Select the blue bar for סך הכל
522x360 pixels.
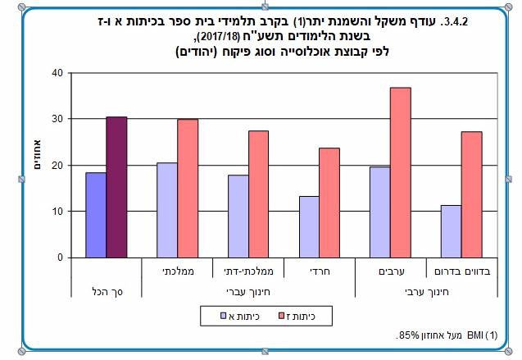pyautogui.click(x=95, y=215)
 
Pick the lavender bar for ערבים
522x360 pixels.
pyautogui.click(x=379, y=212)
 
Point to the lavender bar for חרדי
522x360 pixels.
pyautogui.click(x=308, y=226)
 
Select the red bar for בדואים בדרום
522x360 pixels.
pyautogui.click(x=471, y=194)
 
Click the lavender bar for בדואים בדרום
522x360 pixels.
pyautogui.click(x=451, y=231)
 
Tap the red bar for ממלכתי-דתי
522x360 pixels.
pyautogui.click(x=259, y=194)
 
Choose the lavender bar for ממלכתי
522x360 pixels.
pyautogui.click(x=166, y=210)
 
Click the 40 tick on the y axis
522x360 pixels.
pyautogui.click(x=57, y=72)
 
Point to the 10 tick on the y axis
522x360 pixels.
pyautogui.click(x=57, y=212)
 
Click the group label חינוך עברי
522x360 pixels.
pyautogui.click(x=248, y=290)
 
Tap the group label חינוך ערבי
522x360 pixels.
pyautogui.click(x=425, y=290)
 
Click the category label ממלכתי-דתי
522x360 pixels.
pyautogui.click(x=248, y=269)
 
